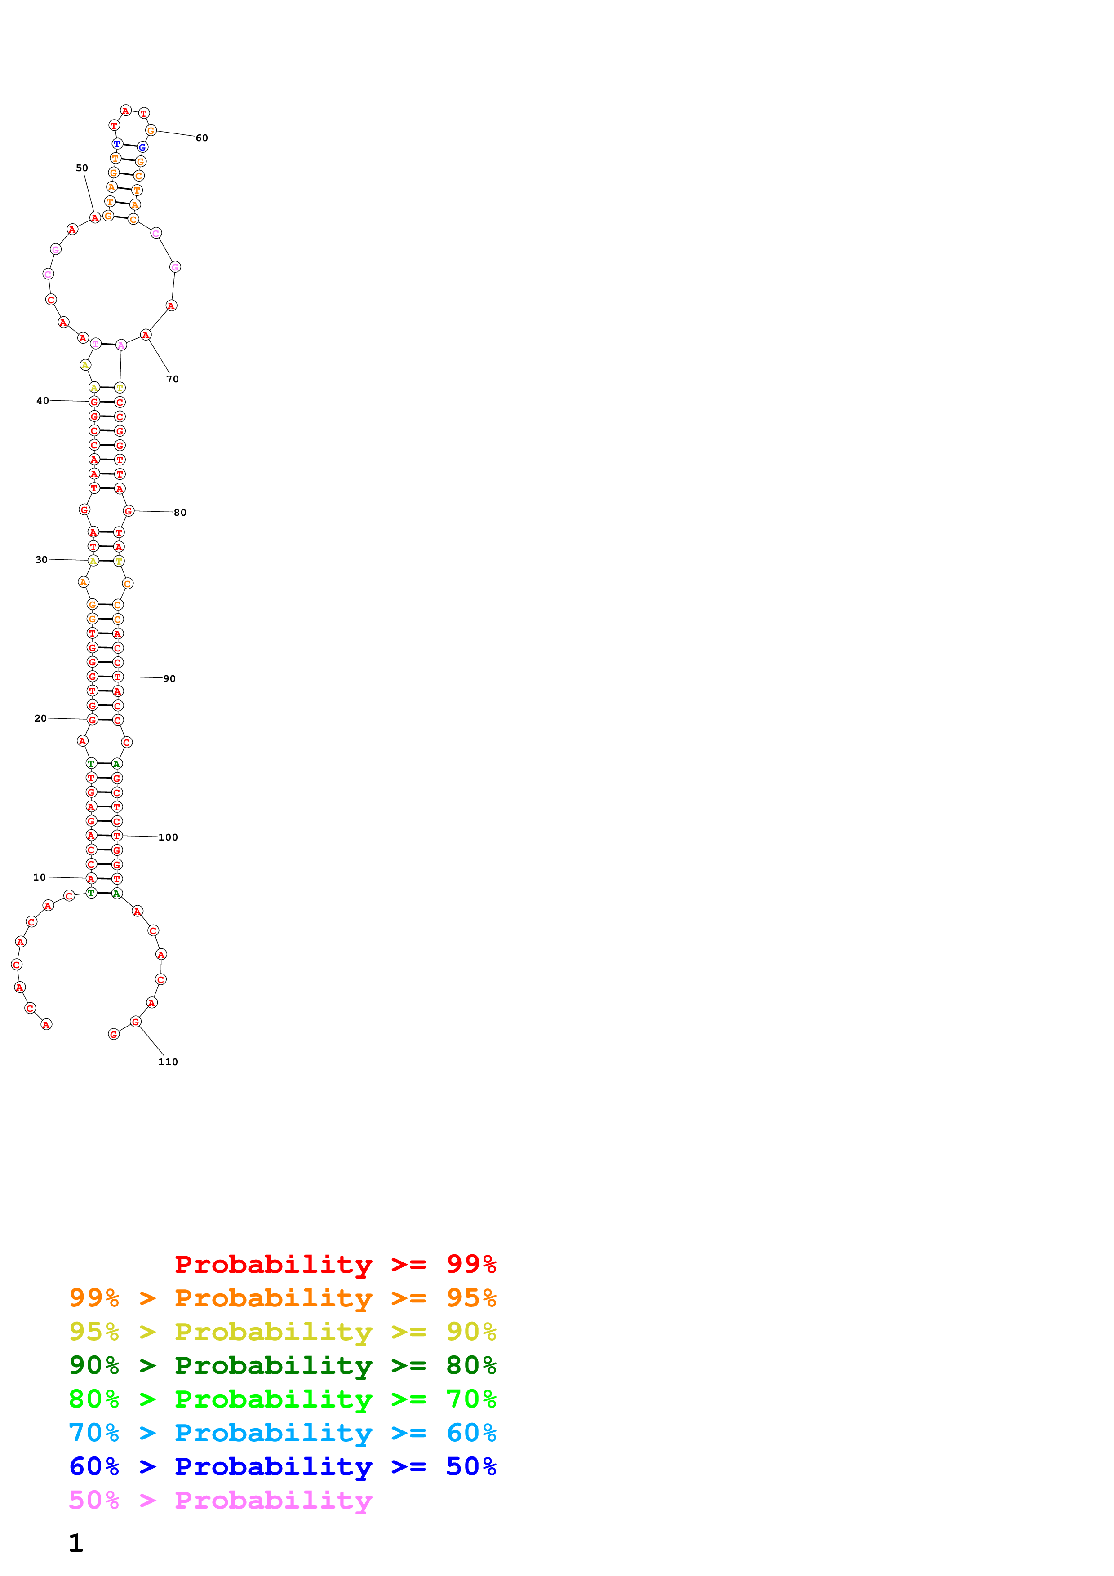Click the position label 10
coord(39,877)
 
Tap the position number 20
coord(40,718)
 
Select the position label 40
coord(43,401)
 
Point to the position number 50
coord(82,168)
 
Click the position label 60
coord(202,138)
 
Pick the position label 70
coord(172,379)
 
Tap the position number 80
coord(180,513)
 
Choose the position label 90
coord(169,679)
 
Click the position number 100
coord(168,837)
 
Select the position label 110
coord(168,1062)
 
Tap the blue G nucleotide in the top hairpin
coord(142,147)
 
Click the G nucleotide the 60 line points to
coord(151,130)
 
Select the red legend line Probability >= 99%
coord(335,1264)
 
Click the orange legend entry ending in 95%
coord(283,1298)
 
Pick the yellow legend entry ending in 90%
coord(283,1332)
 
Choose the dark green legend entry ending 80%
coord(283,1365)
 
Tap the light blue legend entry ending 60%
coord(283,1433)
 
